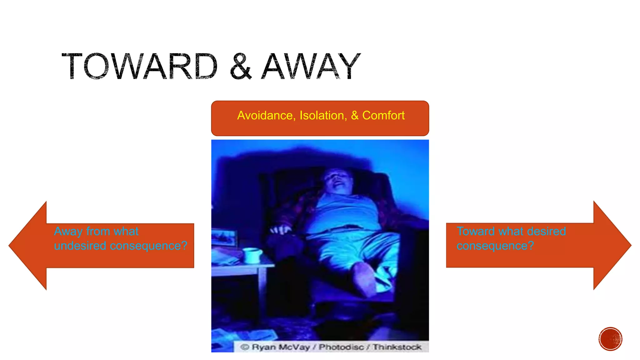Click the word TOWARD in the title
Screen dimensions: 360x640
tap(139, 66)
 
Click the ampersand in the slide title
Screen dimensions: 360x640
tap(240, 67)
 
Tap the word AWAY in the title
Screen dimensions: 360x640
tap(311, 66)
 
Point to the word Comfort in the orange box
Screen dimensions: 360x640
tap(383, 116)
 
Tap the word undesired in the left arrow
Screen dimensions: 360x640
tap(80, 246)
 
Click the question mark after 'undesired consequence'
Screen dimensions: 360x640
tap(184, 246)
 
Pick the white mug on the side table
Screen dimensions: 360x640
tap(252, 255)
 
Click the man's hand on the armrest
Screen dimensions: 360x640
tap(281, 230)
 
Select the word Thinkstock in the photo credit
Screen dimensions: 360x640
tap(397, 347)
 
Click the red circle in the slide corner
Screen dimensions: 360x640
tap(610, 339)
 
